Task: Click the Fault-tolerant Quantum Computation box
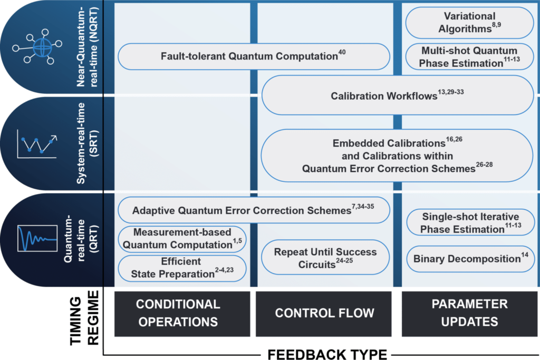point(253,56)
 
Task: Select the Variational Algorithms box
point(469,23)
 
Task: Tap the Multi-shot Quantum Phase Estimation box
point(469,57)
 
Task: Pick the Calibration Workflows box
point(398,95)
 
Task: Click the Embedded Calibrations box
point(398,155)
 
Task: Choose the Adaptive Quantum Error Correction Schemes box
point(253,210)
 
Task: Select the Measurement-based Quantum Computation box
point(181,239)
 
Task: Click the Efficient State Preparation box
point(181,268)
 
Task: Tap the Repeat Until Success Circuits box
point(325,258)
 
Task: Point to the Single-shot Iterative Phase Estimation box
point(470,223)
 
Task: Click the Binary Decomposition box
point(470,259)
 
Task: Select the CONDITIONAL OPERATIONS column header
point(178,313)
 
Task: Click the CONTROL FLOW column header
point(325,313)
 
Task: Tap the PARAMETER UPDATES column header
point(469,313)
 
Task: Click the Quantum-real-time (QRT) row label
point(77,239)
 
